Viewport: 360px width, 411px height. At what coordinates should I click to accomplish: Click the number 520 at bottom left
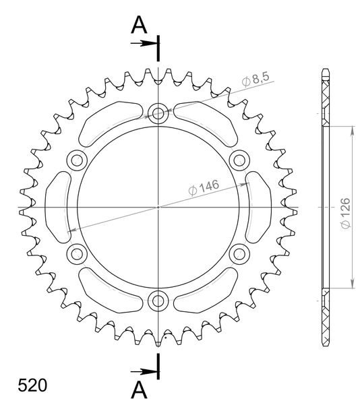click(x=32, y=385)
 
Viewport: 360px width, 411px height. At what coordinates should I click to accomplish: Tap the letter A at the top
click(x=139, y=25)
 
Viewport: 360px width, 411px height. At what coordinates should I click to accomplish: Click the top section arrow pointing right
click(x=144, y=43)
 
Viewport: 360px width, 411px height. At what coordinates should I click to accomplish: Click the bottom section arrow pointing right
click(x=144, y=371)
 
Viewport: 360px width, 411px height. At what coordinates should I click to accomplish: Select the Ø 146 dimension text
click(x=204, y=187)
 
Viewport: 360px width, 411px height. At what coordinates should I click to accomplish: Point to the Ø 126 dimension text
click(x=345, y=214)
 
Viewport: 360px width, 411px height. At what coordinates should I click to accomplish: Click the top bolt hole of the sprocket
click(x=158, y=113)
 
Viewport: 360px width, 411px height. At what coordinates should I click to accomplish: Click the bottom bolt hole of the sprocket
click(x=158, y=301)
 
